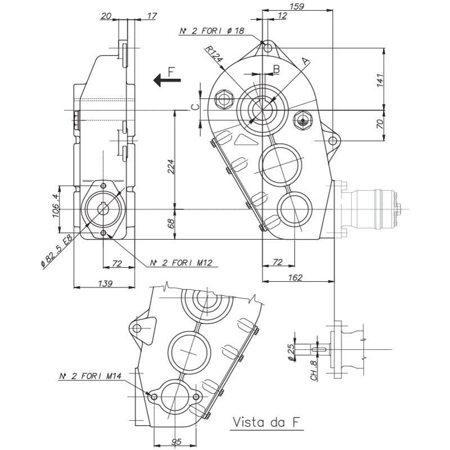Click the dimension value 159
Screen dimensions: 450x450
click(297, 6)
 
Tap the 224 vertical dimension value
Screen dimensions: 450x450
click(170, 166)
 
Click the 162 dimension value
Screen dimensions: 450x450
click(295, 277)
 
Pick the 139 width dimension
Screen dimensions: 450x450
click(105, 283)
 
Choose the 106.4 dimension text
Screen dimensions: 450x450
click(56, 205)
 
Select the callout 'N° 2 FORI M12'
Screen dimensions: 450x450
click(181, 262)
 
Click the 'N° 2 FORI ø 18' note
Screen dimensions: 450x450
click(212, 31)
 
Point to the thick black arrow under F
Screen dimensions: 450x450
click(167, 80)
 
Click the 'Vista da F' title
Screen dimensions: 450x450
click(267, 422)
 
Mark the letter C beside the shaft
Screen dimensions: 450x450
click(195, 107)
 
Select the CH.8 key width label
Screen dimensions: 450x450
click(314, 371)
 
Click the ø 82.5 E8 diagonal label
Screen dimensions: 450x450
click(57, 250)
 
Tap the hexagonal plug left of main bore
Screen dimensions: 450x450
click(223, 100)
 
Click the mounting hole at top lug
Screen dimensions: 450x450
click(267, 48)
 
